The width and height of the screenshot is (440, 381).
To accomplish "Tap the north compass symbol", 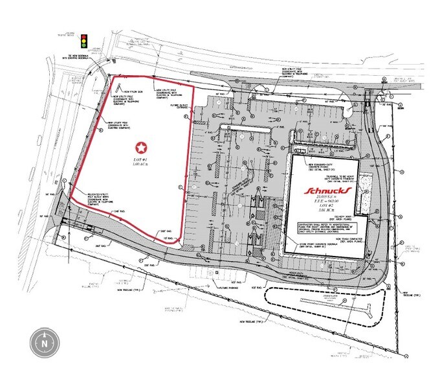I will (x=44, y=340).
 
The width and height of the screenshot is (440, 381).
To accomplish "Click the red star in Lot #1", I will (x=141, y=148).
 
